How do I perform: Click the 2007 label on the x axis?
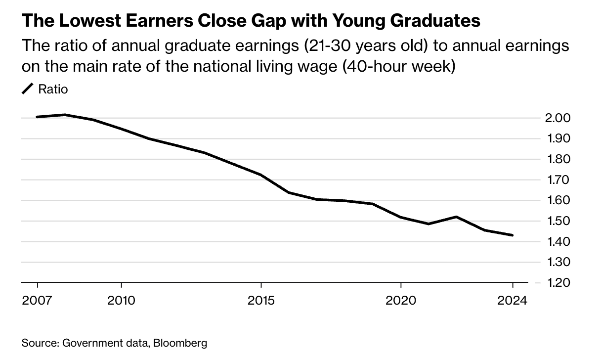pyautogui.click(x=37, y=300)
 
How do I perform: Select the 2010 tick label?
pyautogui.click(x=121, y=300)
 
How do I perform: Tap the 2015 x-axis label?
pyautogui.click(x=261, y=300)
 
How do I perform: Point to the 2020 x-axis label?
pyautogui.click(x=401, y=300)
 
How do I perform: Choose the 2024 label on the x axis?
pyautogui.click(x=513, y=300)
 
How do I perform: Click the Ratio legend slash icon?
pyautogui.click(x=28, y=90)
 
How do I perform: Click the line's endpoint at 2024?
pyautogui.click(x=513, y=235)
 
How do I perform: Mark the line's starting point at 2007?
pyautogui.click(x=37, y=117)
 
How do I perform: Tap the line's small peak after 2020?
pyautogui.click(x=457, y=217)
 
